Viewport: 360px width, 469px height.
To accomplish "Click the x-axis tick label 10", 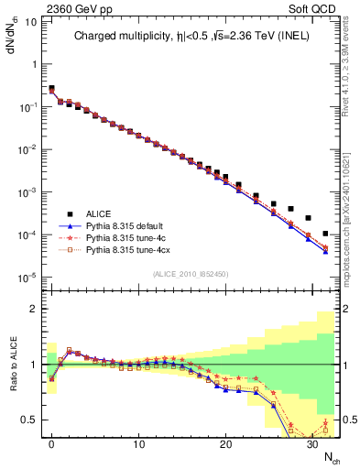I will [x=138, y=445].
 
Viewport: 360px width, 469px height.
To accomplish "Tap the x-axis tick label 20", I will [x=225, y=445].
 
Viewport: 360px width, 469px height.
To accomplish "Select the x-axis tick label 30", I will [x=312, y=445].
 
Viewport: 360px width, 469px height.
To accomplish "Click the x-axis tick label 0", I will [x=51, y=445].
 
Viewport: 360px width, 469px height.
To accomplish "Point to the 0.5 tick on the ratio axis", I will [x=31, y=420].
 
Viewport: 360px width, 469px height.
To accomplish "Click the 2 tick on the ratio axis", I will [x=35, y=309].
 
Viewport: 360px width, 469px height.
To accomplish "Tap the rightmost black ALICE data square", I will [x=325, y=234].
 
